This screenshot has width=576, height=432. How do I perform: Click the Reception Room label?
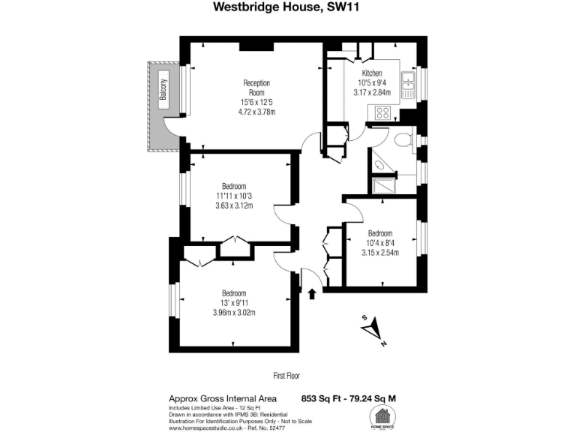256,87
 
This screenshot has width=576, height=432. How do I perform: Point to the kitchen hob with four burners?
383,113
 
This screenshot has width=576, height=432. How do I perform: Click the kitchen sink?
409,85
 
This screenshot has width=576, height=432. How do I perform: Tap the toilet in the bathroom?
403,139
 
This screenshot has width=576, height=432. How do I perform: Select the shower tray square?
383,184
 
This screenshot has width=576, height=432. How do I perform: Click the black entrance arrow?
313,292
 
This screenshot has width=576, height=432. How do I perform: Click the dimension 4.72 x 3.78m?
256,112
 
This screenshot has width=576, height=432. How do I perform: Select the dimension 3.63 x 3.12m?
234,206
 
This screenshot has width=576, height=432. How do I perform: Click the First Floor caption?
287,375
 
